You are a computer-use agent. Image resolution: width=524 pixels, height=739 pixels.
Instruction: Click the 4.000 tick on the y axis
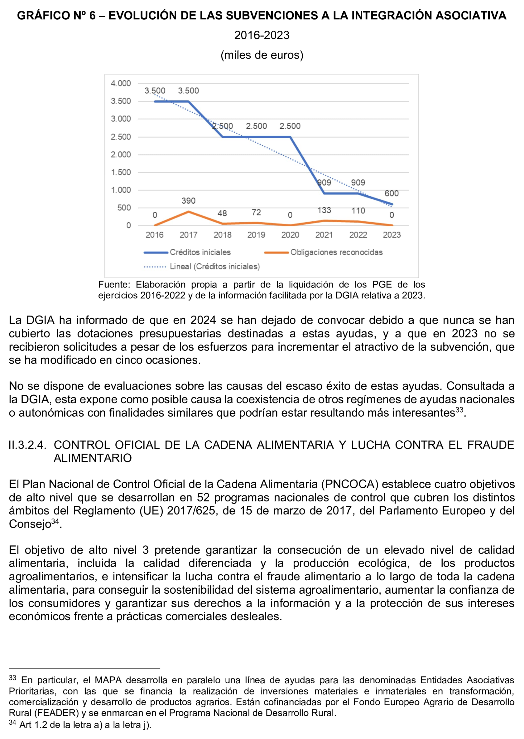(x=121, y=83)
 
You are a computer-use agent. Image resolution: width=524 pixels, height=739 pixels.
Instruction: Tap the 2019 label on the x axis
(x=256, y=235)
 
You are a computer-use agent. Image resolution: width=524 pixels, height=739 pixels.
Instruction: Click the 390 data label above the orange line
(x=188, y=200)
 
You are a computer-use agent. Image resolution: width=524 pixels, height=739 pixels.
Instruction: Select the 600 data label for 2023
(x=391, y=193)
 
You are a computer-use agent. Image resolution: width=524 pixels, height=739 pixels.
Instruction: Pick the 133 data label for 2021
(x=324, y=210)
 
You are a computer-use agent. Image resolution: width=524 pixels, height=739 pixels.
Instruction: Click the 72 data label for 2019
(x=256, y=212)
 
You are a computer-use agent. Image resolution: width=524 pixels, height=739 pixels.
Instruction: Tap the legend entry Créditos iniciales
(x=200, y=252)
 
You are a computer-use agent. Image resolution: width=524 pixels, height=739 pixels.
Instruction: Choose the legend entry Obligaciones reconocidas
(x=336, y=252)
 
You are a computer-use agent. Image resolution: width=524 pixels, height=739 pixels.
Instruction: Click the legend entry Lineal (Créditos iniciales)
(x=215, y=266)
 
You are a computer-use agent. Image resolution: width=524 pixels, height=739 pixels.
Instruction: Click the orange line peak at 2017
(x=188, y=212)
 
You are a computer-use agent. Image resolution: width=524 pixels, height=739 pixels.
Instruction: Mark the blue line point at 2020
(x=290, y=137)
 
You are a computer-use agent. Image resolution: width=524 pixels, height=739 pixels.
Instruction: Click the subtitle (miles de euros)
(x=262, y=55)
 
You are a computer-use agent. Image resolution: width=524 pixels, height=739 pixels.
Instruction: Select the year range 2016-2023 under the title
(x=262, y=35)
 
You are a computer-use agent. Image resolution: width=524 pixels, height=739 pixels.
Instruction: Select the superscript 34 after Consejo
(x=55, y=521)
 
